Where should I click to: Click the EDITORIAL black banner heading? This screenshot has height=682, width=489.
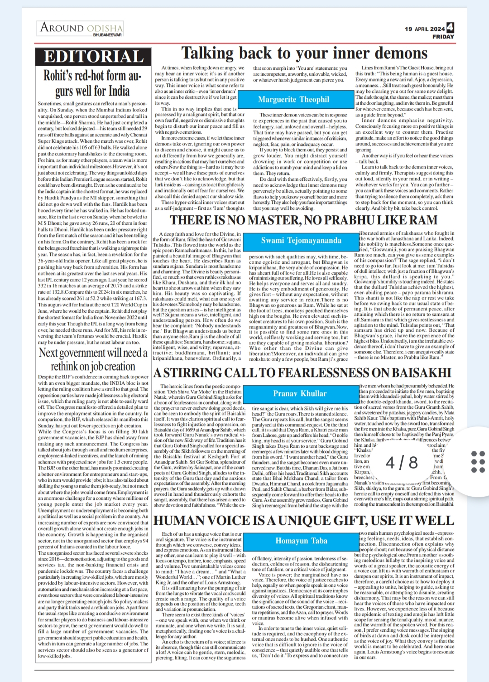pyautogui.click(x=94, y=56)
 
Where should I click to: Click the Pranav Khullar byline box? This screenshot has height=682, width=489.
pyautogui.click(x=300, y=393)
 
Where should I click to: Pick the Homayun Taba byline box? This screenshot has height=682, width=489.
pyautogui.click(x=301, y=541)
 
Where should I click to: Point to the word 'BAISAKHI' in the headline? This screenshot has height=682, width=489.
pyautogui.click(x=421, y=372)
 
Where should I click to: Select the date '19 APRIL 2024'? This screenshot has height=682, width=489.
pyautogui.click(x=425, y=29)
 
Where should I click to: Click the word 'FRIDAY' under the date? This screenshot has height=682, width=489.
pyautogui.click(x=443, y=37)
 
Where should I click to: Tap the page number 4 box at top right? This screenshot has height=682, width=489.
pyautogui.click(x=450, y=27)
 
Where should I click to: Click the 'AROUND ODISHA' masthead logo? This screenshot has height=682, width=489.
pyautogui.click(x=81, y=27)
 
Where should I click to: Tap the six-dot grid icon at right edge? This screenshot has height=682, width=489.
pyautogui.click(x=478, y=462)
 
